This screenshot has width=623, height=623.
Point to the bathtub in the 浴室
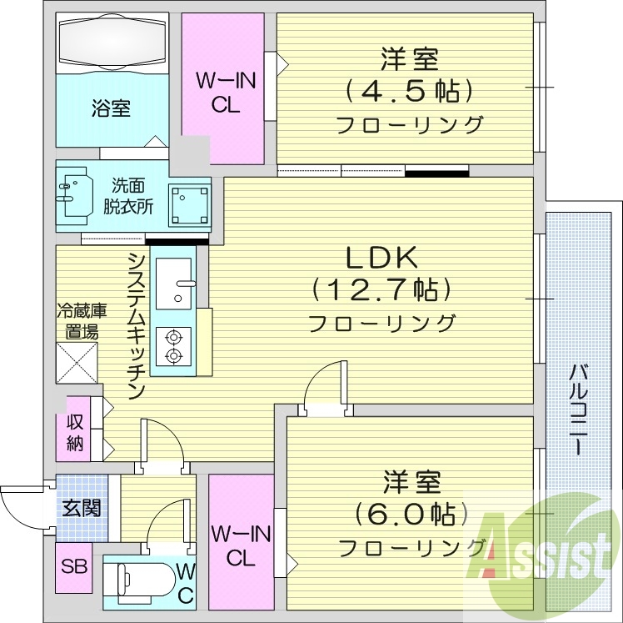point(112,41)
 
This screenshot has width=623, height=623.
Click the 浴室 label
point(111,108)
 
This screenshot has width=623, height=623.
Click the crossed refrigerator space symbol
point(77,363)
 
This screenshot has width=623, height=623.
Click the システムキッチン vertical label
point(137,325)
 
